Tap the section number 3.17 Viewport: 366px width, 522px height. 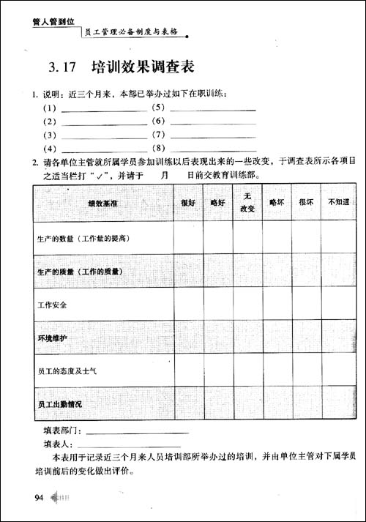[62, 69]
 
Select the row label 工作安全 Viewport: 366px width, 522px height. [52, 305]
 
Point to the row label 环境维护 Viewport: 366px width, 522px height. [52, 338]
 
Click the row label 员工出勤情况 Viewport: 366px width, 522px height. [60, 404]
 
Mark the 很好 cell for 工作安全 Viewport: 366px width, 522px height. [188, 305]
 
